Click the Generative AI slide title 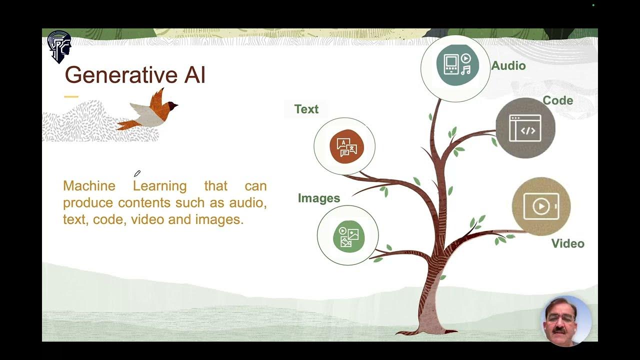point(135,75)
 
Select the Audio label point(508,65)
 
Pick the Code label point(557,100)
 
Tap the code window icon point(525,128)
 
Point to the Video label point(567,243)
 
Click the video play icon point(540,206)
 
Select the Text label point(306,109)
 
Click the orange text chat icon point(346,146)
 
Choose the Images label point(318,198)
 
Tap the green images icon point(348,236)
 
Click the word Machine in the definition point(89,186)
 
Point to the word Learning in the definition point(159,186)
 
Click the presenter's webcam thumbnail point(566,320)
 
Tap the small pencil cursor point(137,173)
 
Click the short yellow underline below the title point(71,96)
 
